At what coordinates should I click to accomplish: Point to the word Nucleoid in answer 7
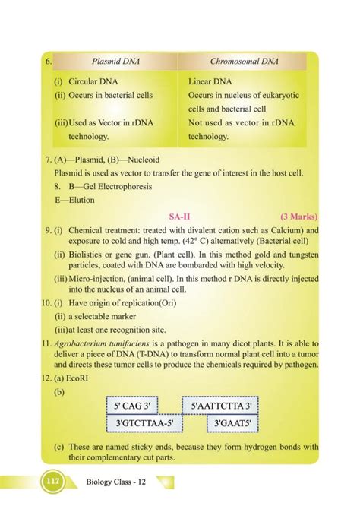pyautogui.click(x=139, y=160)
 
